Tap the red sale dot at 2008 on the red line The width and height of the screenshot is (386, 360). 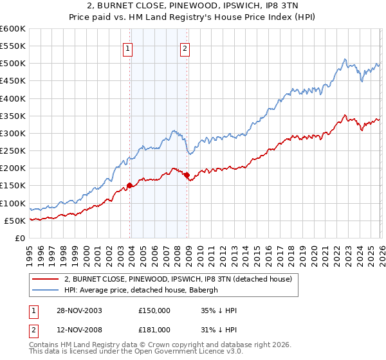[187, 175]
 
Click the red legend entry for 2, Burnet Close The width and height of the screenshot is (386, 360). [178, 279]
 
